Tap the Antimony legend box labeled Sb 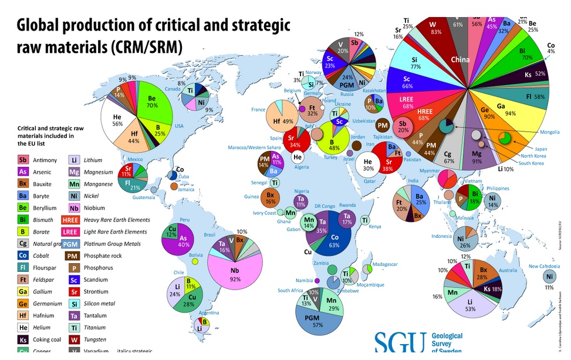(x=23, y=160)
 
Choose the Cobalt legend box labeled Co (x=23, y=255)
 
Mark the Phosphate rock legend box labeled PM (x=71, y=255)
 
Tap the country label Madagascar (x=386, y=264)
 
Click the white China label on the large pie (x=460, y=59)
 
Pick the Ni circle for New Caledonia (x=550, y=277)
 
